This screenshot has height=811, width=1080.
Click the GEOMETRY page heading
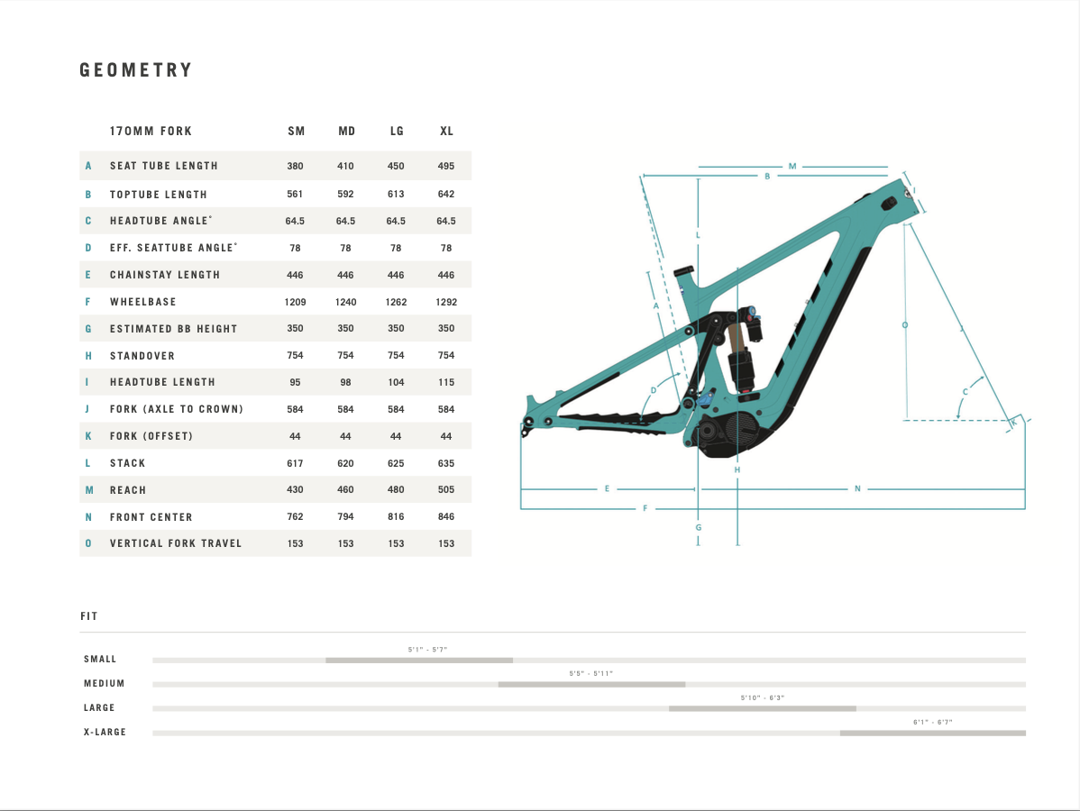(x=136, y=70)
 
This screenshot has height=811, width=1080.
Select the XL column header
(x=446, y=131)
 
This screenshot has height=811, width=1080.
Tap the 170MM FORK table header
(x=151, y=131)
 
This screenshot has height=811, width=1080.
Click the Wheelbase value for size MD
(x=346, y=302)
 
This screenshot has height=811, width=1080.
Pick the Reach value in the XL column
(x=446, y=489)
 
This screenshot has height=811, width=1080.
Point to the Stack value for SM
(x=295, y=463)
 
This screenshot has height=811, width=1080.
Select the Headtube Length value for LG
(x=396, y=382)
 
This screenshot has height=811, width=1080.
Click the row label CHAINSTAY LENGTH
(x=165, y=275)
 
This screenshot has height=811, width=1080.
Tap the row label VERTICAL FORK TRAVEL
(x=176, y=543)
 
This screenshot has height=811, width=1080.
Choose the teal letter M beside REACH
(x=89, y=490)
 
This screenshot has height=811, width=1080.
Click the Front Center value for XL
(x=446, y=516)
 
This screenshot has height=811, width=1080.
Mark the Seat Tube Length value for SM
(x=295, y=166)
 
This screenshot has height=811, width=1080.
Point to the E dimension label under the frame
(x=607, y=488)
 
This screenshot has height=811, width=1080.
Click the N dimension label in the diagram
(x=857, y=488)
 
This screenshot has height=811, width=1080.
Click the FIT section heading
(x=89, y=616)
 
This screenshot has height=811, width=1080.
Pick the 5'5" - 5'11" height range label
(x=591, y=673)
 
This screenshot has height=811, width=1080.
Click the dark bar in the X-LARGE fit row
(x=932, y=734)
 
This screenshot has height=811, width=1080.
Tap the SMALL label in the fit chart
(x=100, y=659)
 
